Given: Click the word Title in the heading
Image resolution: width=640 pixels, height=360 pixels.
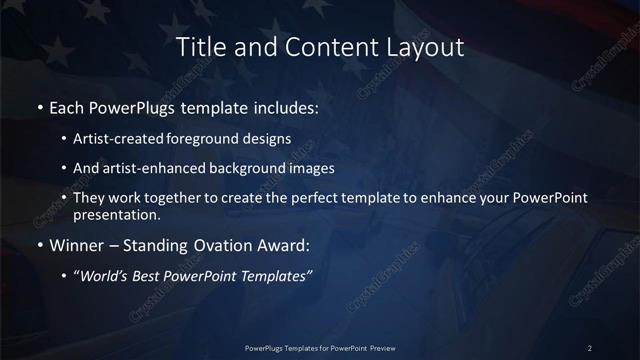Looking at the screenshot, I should [x=198, y=47].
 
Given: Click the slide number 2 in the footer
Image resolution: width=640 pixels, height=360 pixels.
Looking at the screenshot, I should [x=590, y=347].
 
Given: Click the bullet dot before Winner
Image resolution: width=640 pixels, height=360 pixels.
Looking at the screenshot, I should [x=39, y=245].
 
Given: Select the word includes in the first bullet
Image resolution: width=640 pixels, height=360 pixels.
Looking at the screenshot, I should [x=234, y=105].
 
